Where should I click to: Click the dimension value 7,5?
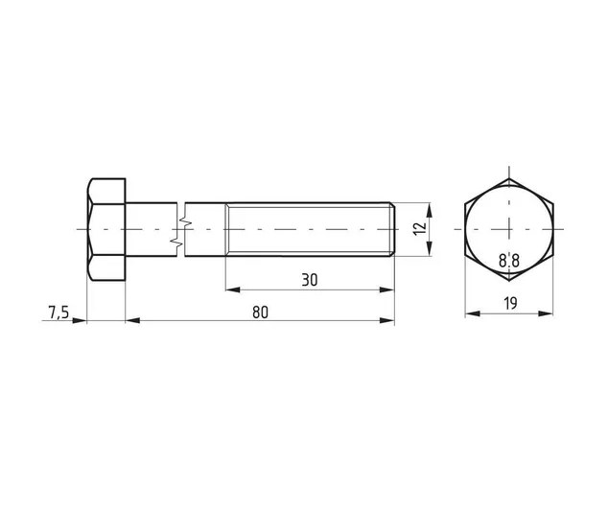tap(58, 312)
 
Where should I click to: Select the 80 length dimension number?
tap(260, 312)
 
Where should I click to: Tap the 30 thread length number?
tap(309, 280)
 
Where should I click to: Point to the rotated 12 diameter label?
tap(420, 228)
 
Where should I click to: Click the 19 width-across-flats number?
tap(511, 303)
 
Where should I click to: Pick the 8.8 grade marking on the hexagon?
tap(508, 261)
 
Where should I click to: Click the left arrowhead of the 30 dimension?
tap(233, 289)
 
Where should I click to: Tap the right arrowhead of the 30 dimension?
tap(386, 289)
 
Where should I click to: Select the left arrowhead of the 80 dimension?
tap(132, 320)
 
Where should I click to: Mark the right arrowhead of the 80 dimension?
tap(386, 320)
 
